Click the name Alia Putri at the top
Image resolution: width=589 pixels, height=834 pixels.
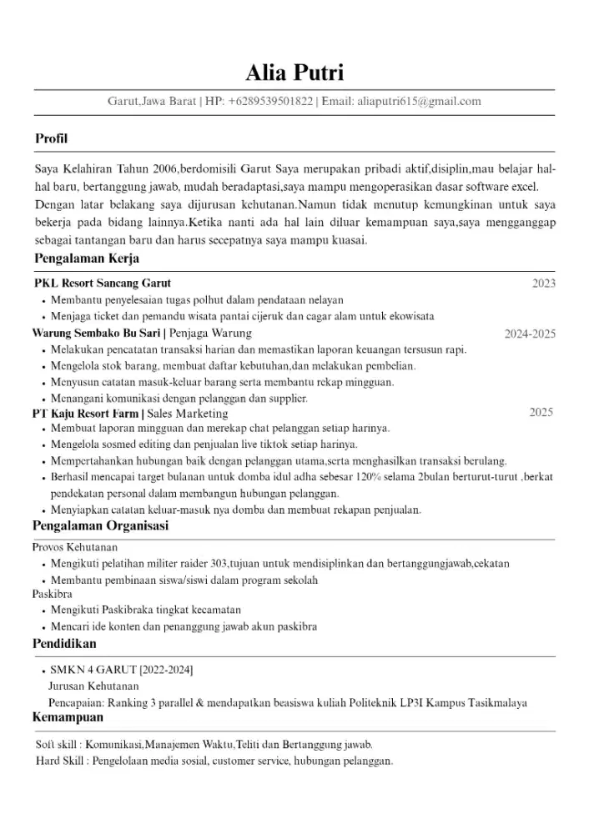[294, 73]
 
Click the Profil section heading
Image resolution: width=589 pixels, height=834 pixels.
[51, 138]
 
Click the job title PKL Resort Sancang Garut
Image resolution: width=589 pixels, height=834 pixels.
[103, 284]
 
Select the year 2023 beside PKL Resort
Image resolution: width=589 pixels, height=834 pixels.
[543, 284]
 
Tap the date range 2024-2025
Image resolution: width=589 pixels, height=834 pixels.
[530, 334]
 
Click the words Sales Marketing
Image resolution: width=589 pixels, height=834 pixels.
[188, 414]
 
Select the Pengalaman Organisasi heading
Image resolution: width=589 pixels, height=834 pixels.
[100, 526]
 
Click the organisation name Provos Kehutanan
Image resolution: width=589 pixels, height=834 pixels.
[75, 547]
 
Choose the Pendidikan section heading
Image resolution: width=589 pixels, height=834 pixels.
[64, 644]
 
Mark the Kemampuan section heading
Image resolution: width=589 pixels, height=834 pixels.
[68, 717]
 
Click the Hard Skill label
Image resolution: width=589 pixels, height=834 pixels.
[63, 761]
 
